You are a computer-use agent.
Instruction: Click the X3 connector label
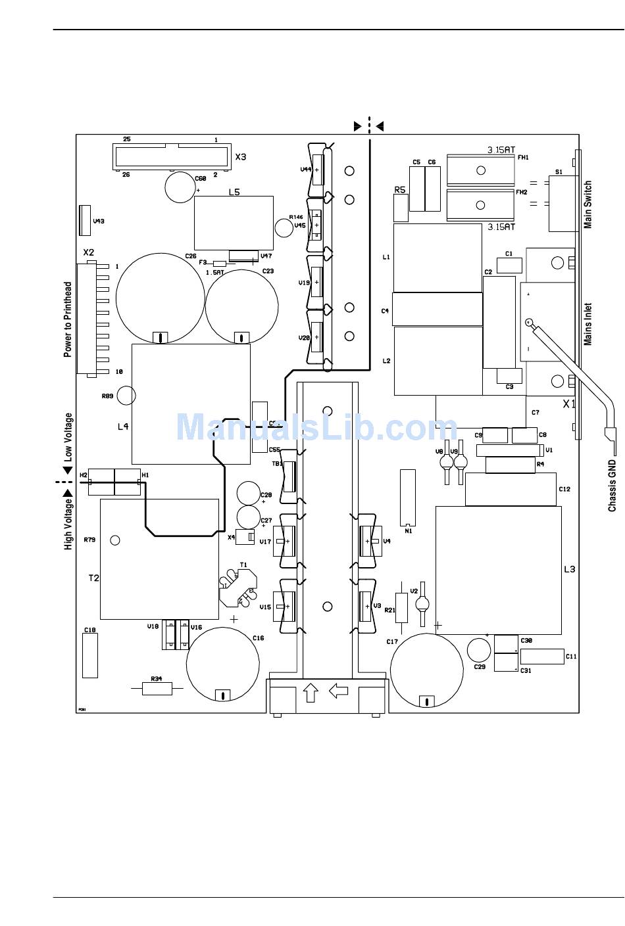click(241, 157)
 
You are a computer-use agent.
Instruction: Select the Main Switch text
click(588, 204)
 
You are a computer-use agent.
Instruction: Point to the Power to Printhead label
click(68, 319)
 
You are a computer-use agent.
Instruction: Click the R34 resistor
click(157, 688)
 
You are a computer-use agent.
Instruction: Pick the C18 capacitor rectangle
click(90, 655)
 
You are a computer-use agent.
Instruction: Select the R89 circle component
click(126, 395)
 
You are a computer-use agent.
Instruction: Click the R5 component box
click(401, 208)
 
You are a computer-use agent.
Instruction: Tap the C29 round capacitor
click(479, 650)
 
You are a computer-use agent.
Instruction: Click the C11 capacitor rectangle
click(541, 656)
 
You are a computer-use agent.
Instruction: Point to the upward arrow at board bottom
click(311, 692)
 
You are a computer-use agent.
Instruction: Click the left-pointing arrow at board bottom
click(338, 690)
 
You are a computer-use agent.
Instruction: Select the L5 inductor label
click(234, 192)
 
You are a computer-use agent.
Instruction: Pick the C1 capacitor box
click(509, 265)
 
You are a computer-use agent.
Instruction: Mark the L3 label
click(569, 568)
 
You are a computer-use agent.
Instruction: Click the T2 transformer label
click(94, 578)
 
